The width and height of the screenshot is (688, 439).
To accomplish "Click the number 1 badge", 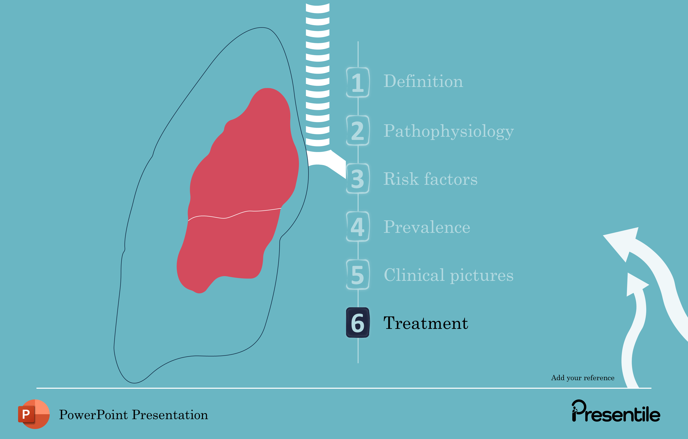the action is point(358,82).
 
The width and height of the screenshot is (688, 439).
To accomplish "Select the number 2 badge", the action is point(358,130).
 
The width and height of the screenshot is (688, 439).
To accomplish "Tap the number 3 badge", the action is point(358,179).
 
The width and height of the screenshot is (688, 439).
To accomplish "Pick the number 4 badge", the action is point(358,227).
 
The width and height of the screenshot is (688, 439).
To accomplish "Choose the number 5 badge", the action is point(358,275).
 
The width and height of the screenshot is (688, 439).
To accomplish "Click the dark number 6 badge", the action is point(358,323).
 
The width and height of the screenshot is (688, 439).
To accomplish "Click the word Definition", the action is point(423,81).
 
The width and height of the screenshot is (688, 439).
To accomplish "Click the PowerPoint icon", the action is point(34,414).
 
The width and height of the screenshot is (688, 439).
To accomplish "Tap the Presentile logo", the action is point(616,412).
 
